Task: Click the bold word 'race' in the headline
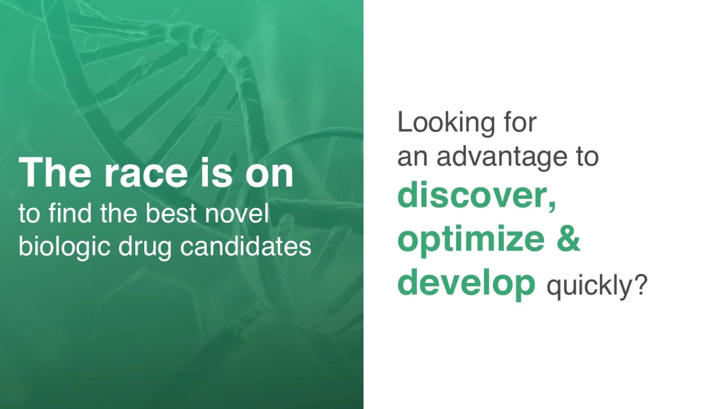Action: (x=146, y=173)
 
